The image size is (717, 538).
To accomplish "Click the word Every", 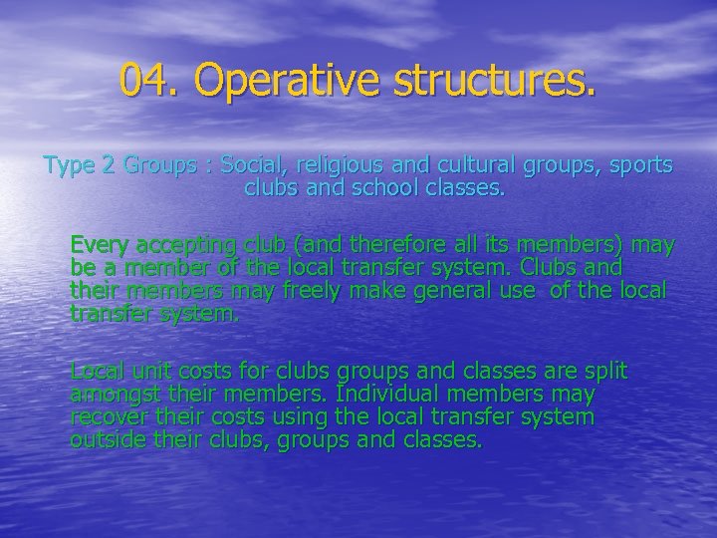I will [x=99, y=245].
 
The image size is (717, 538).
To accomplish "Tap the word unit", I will [x=146, y=372].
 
